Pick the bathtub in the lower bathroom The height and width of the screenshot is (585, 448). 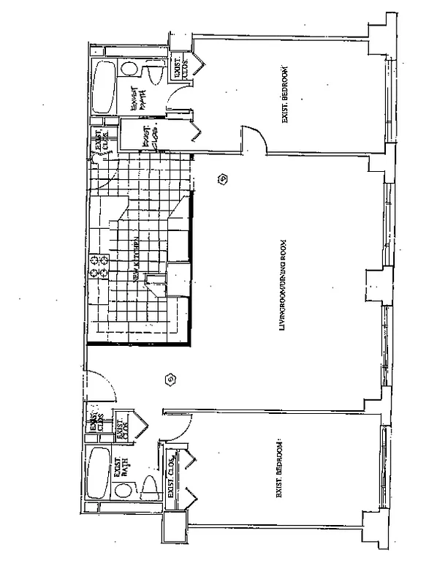click(x=97, y=476)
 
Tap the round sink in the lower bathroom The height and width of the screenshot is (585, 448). click(x=121, y=505)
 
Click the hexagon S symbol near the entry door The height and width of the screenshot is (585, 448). click(x=170, y=380)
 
